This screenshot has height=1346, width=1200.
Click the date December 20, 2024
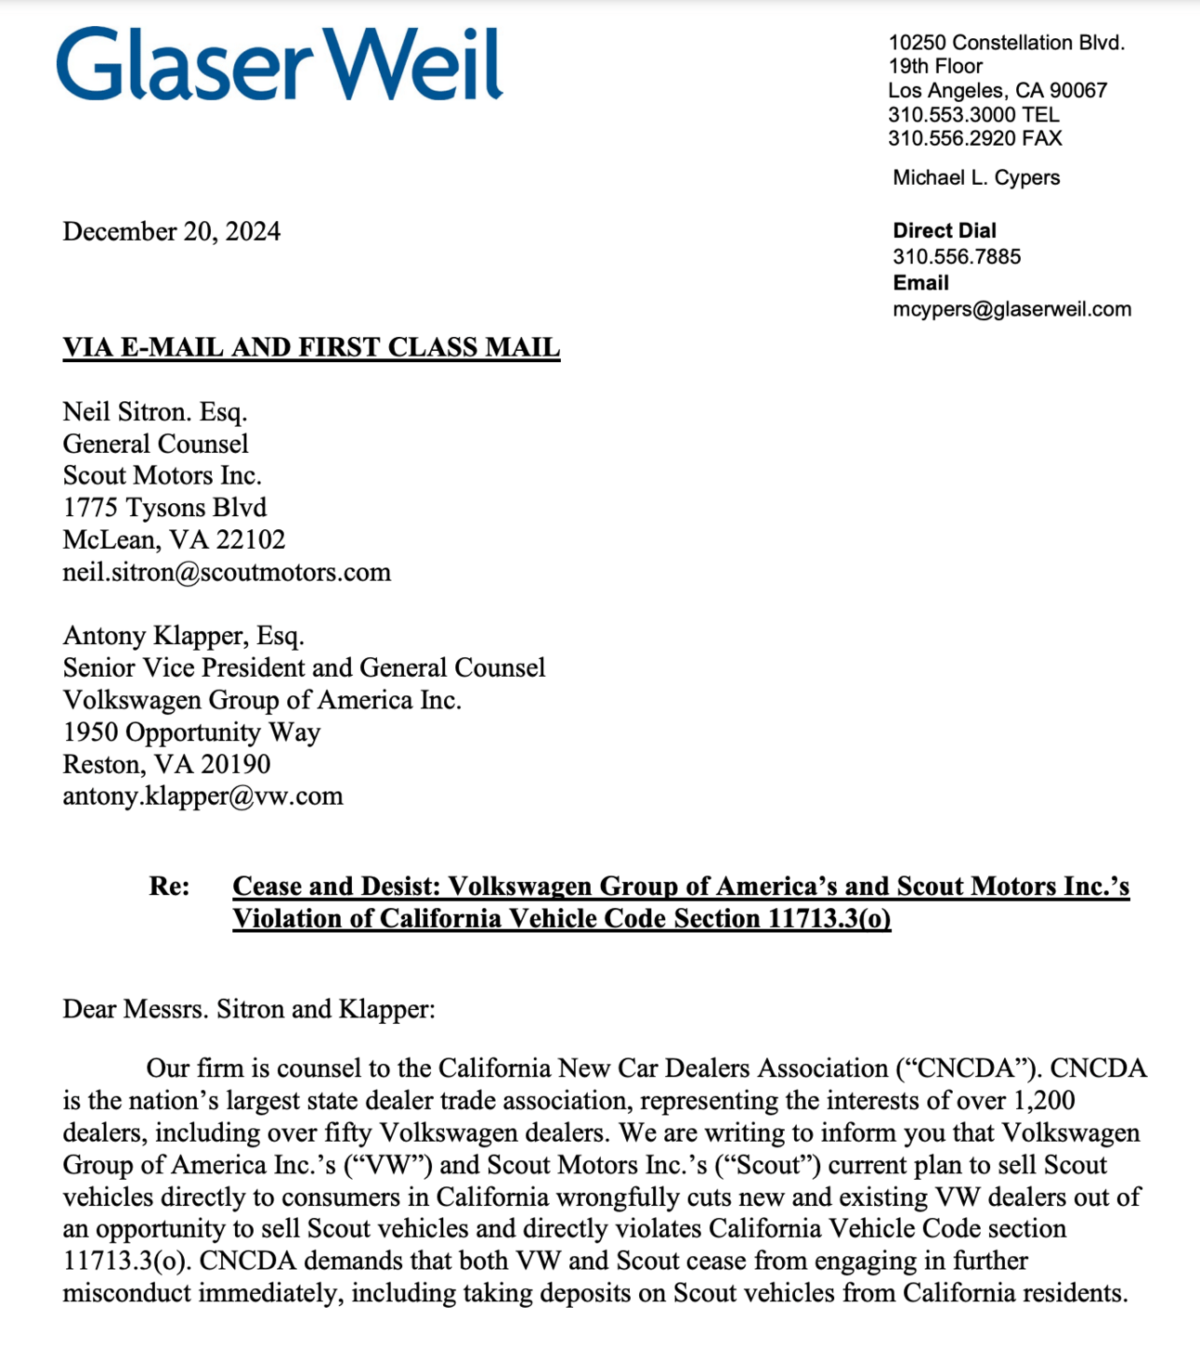click(x=171, y=231)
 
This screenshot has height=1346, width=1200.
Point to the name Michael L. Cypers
click(x=975, y=177)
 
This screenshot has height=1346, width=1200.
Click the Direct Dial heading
click(x=944, y=230)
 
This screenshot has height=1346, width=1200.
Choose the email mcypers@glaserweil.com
click(x=1011, y=309)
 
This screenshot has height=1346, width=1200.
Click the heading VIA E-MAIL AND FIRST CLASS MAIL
click(x=311, y=347)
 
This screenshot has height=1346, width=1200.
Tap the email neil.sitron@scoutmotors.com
click(x=227, y=572)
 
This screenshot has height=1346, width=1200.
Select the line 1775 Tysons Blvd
click(x=164, y=508)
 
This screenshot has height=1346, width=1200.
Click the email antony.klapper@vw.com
click(x=202, y=796)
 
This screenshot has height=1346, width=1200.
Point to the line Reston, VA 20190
click(x=166, y=764)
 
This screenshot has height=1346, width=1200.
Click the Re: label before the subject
click(x=169, y=887)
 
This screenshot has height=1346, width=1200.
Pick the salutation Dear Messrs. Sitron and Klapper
click(x=248, y=1009)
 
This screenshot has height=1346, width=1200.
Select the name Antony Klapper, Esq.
click(x=183, y=636)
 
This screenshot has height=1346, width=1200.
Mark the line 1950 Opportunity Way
click(x=191, y=732)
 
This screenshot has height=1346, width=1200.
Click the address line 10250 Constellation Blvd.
click(x=1006, y=43)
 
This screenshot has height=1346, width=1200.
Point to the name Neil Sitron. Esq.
click(x=154, y=411)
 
